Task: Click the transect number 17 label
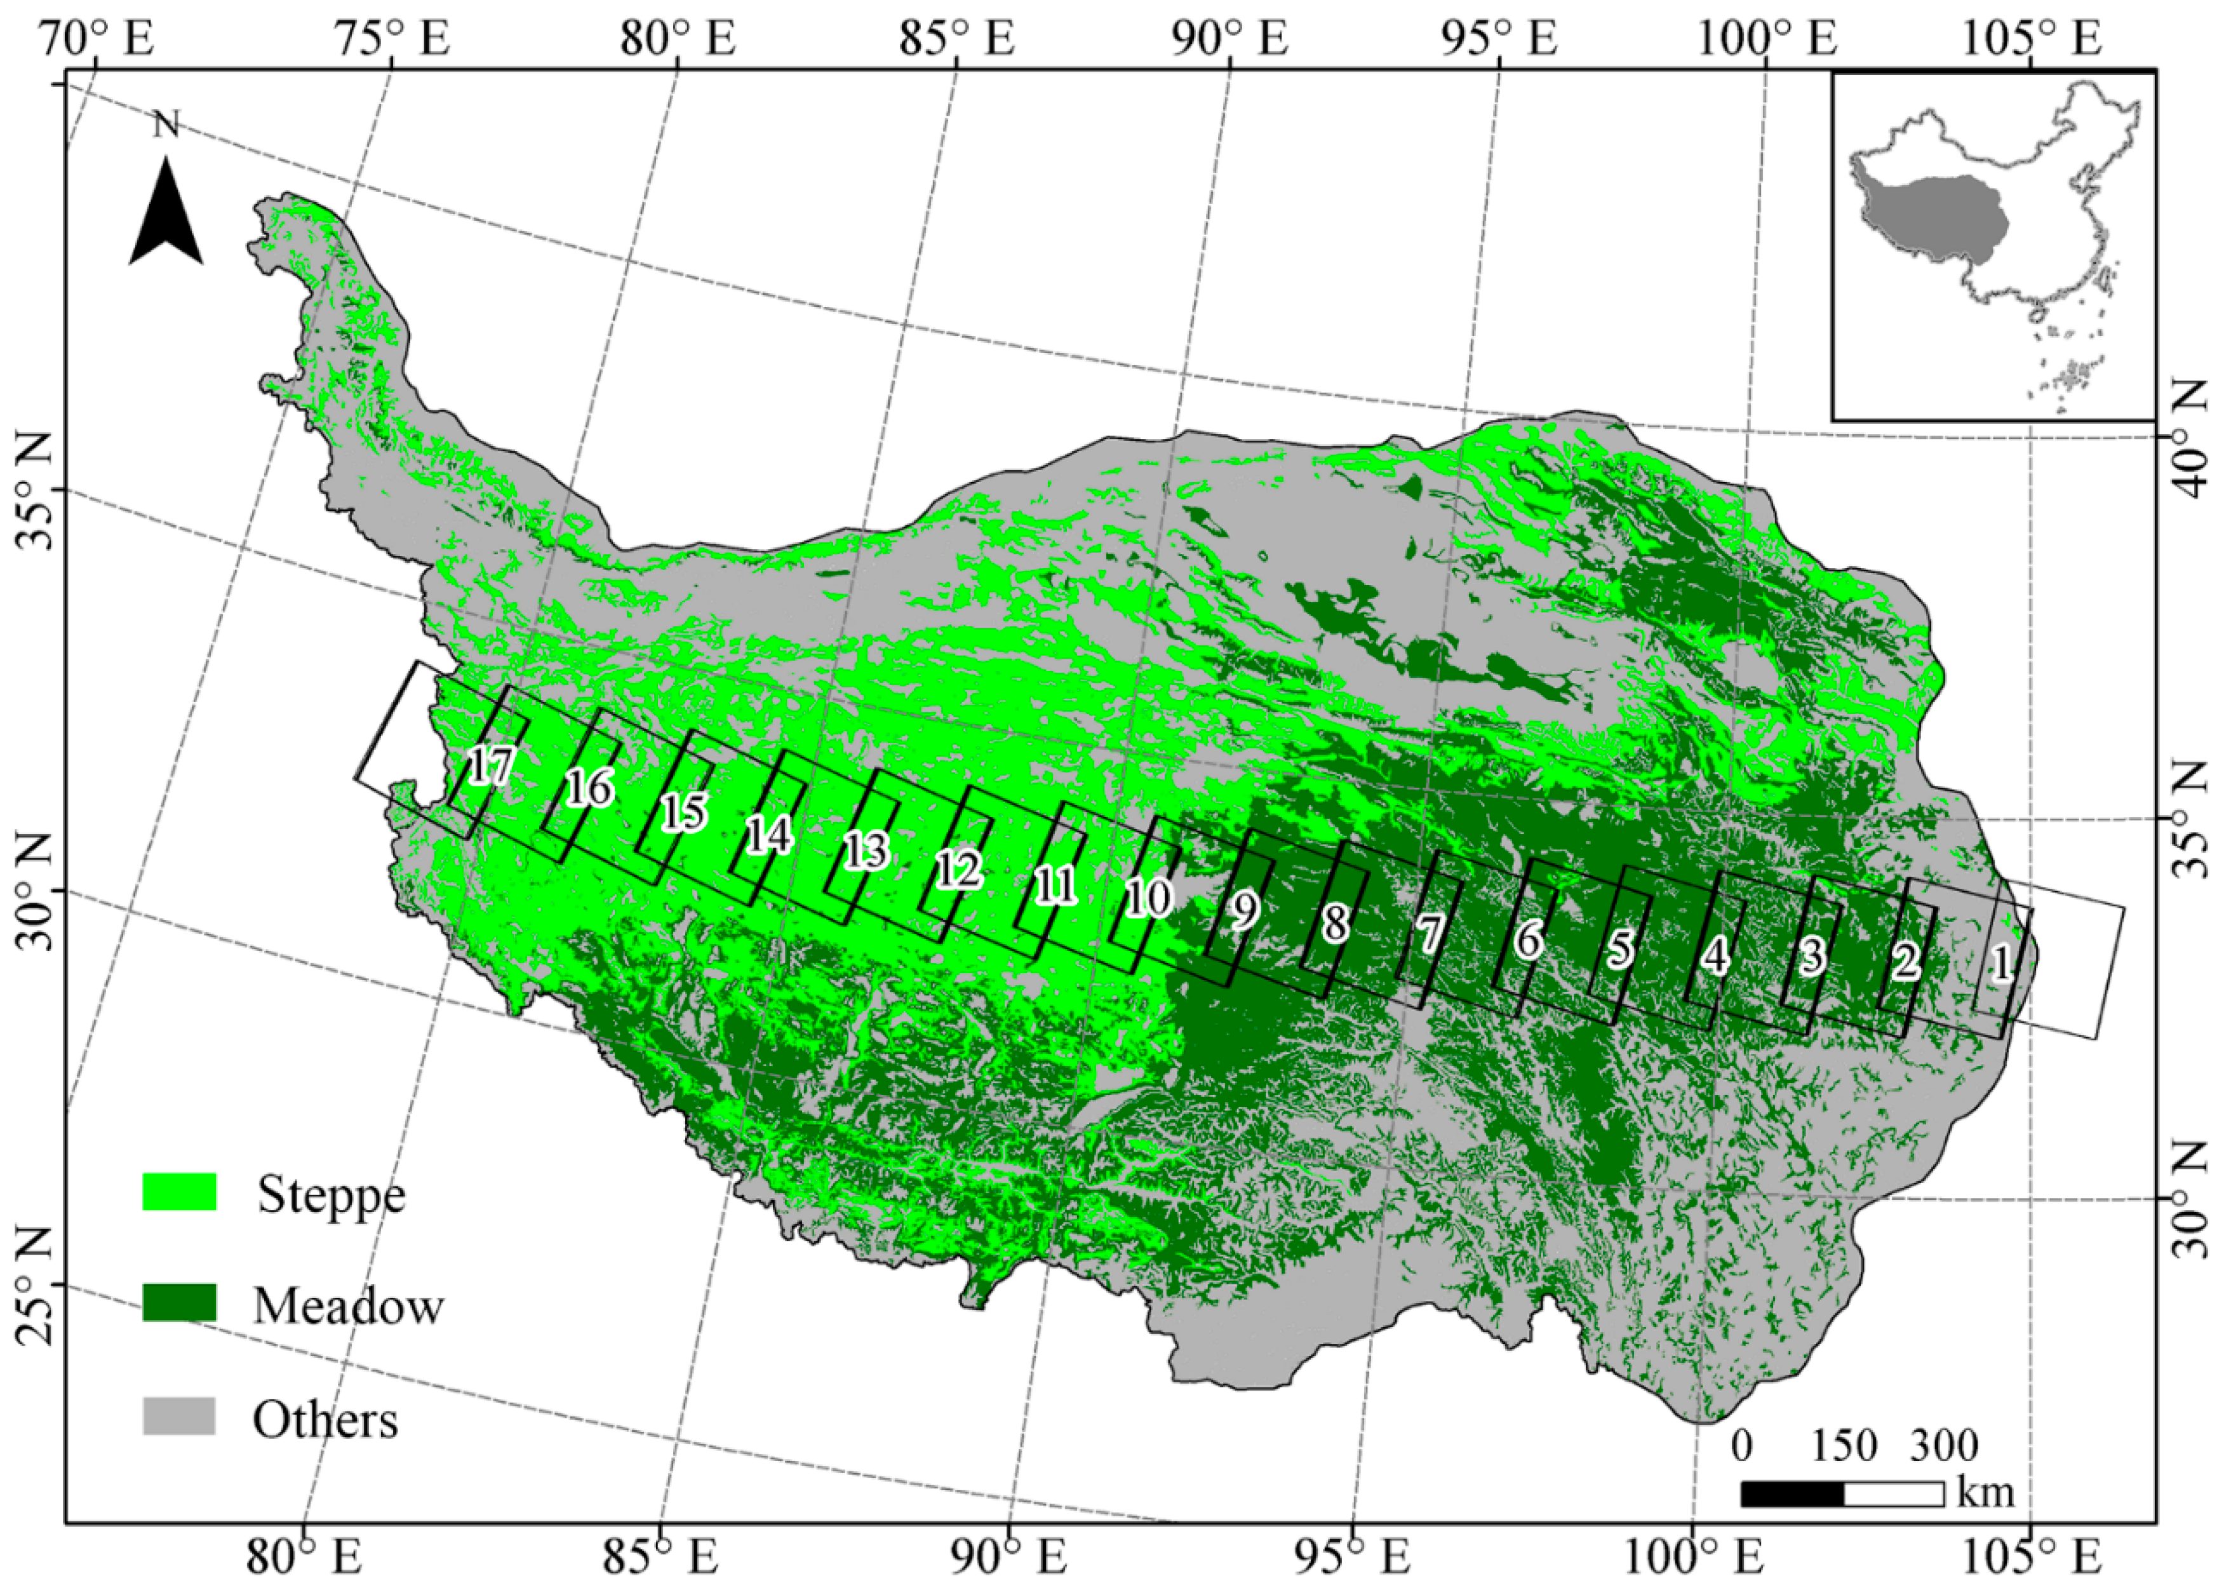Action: [490, 766]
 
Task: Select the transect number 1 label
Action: [2000, 964]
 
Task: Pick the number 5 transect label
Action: [1619, 948]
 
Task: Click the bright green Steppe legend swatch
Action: [179, 1191]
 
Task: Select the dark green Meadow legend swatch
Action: [179, 1302]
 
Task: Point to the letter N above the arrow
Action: [166, 125]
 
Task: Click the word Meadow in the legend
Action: [348, 1305]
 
